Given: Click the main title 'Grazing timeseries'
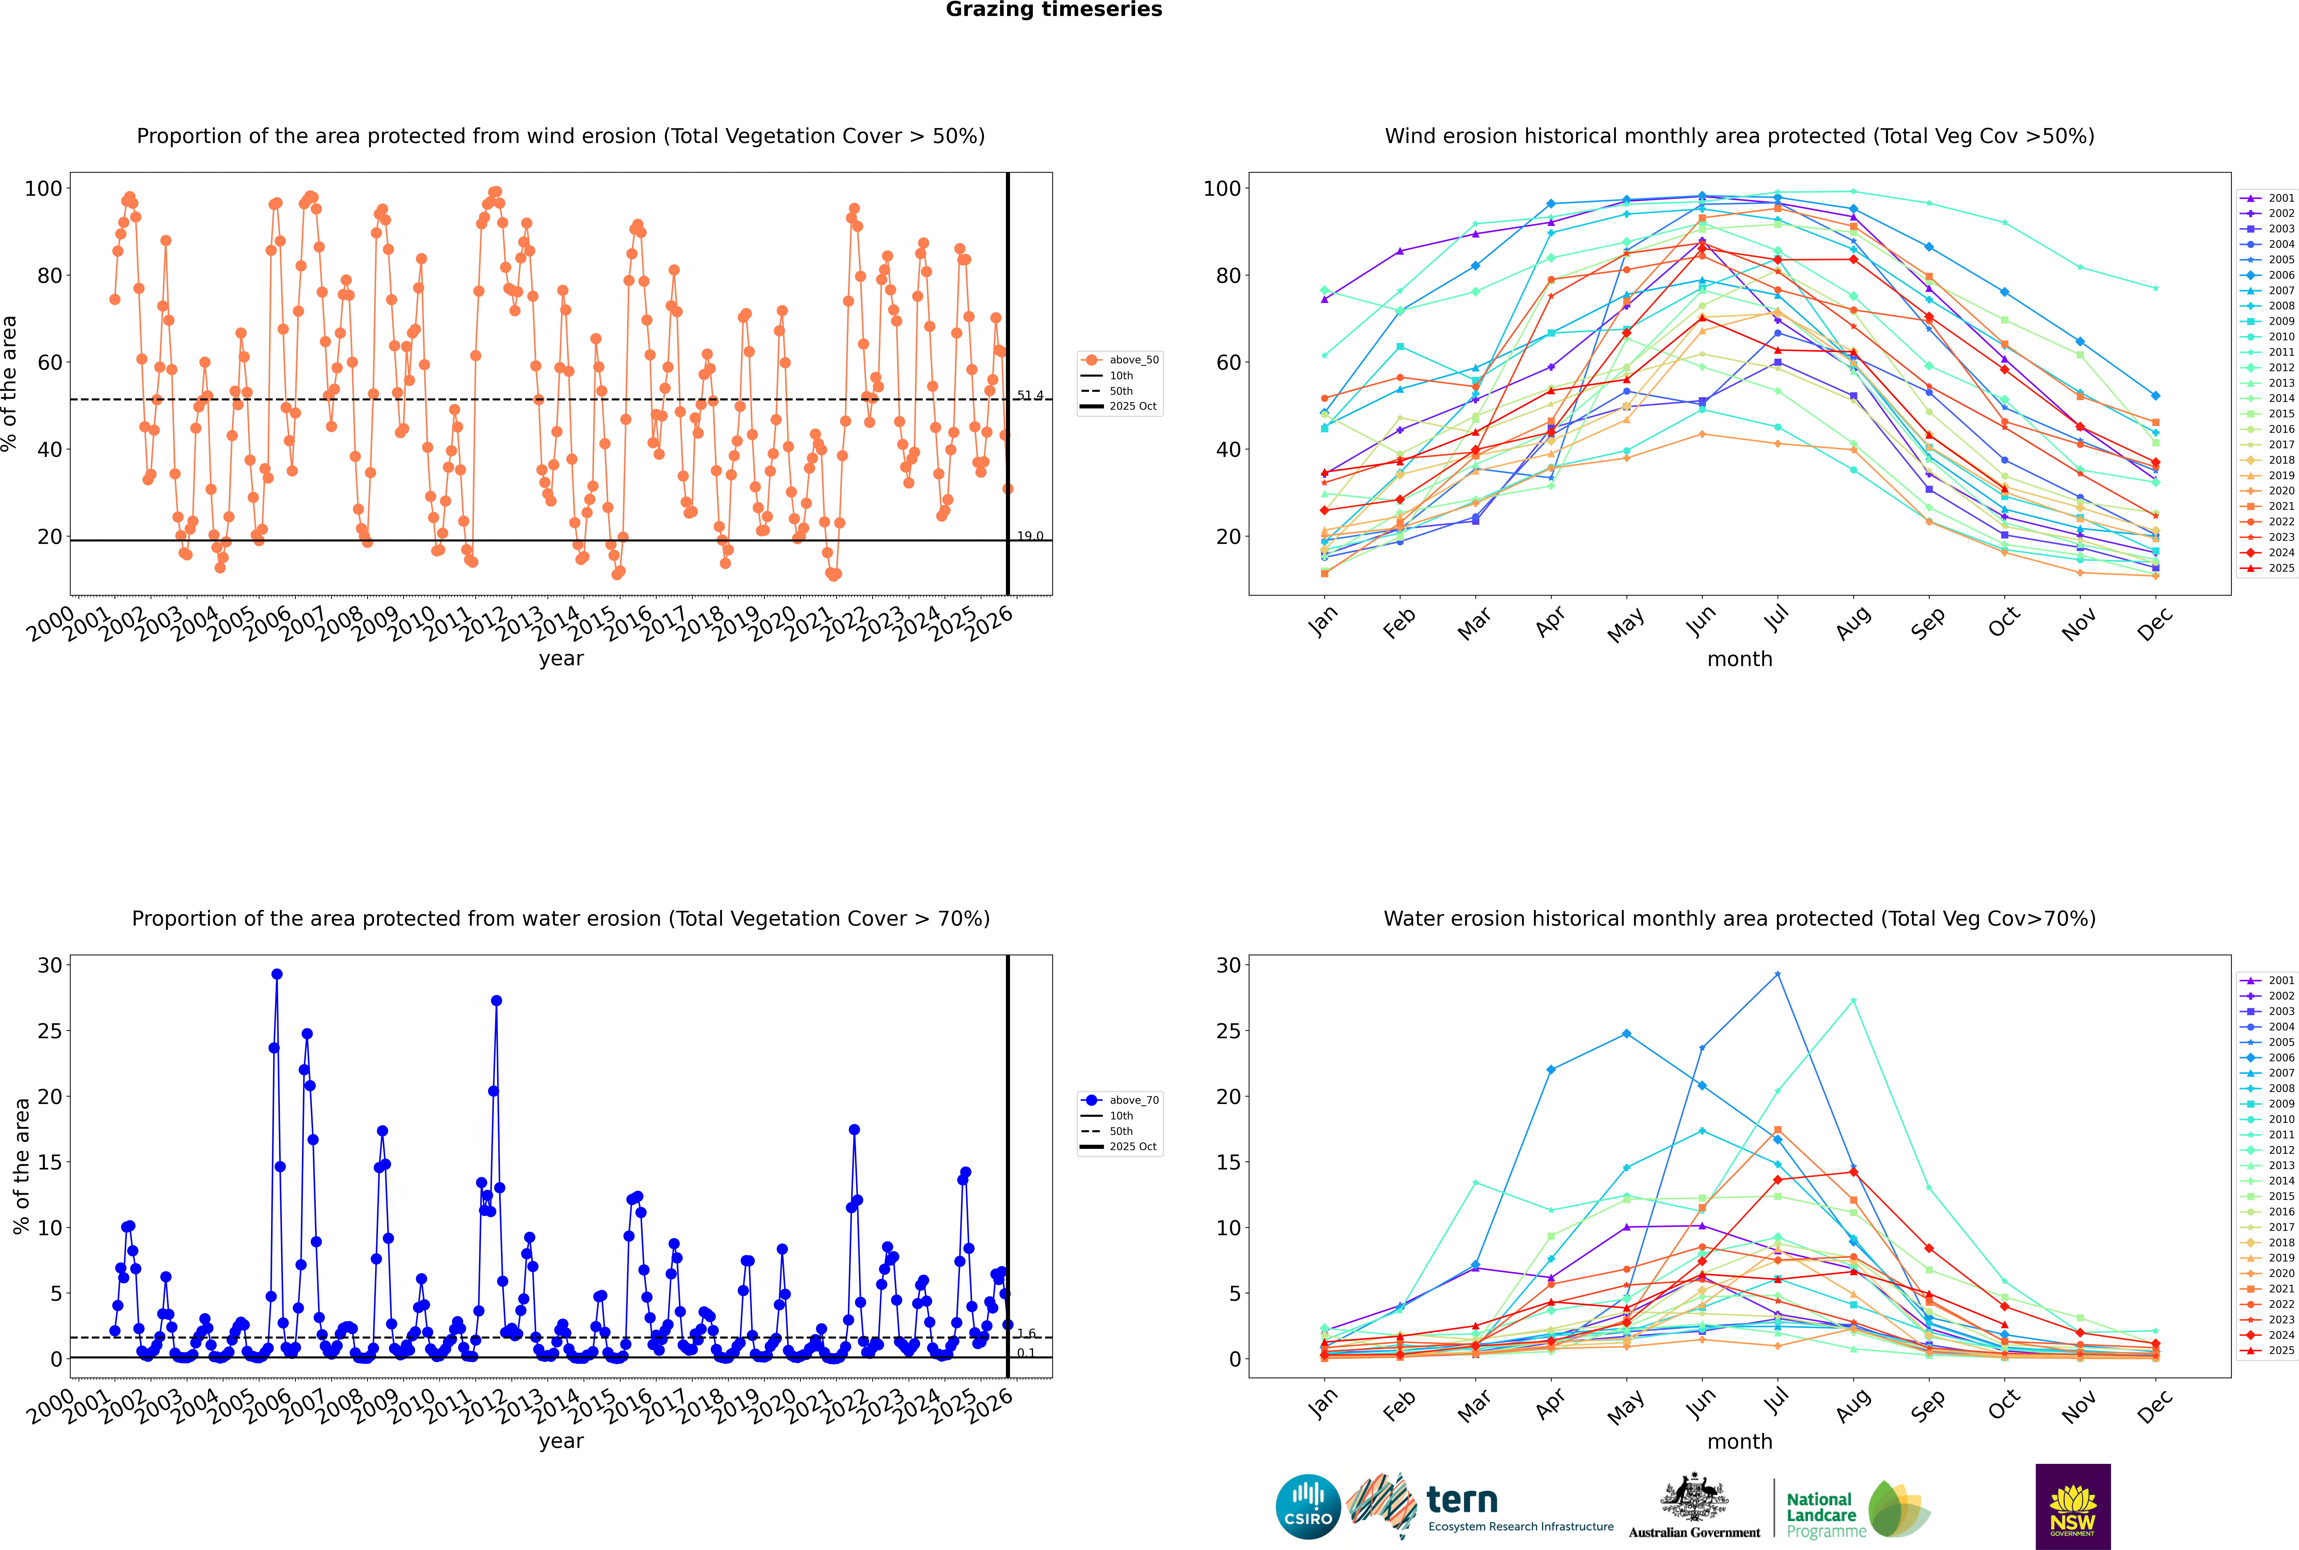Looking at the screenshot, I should coord(1054,10).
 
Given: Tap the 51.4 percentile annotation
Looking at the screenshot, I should coord(1030,395).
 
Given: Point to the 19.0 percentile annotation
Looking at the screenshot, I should coord(1030,536).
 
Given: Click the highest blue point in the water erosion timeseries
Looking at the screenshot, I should coord(277,974).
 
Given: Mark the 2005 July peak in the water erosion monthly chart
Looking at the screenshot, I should coord(1777,974).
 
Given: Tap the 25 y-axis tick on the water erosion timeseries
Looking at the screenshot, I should coord(49,1031).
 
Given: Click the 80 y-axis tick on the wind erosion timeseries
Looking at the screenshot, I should coord(49,276).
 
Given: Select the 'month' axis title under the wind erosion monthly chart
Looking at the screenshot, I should coord(1740,659).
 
